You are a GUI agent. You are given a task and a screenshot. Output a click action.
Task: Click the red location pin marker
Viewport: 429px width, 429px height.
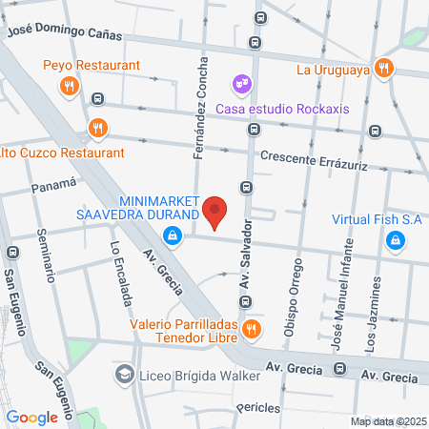point(216,213)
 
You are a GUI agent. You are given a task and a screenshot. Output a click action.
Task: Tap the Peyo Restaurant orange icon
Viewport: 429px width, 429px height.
point(68,87)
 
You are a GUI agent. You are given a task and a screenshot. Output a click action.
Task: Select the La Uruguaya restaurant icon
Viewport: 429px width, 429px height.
point(383,68)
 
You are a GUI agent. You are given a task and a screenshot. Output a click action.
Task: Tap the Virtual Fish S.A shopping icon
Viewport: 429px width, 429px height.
point(395,241)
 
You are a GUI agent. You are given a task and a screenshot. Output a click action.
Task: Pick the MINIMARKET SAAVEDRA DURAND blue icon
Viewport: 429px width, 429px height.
point(172,239)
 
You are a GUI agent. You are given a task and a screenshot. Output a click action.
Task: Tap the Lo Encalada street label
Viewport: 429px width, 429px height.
point(121,274)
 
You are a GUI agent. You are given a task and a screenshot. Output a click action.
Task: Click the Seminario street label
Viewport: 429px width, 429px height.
point(46,258)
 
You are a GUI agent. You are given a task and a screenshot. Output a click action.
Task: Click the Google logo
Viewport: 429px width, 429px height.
point(31,417)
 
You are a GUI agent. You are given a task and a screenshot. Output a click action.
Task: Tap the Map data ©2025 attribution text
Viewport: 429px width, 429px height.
point(386,421)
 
